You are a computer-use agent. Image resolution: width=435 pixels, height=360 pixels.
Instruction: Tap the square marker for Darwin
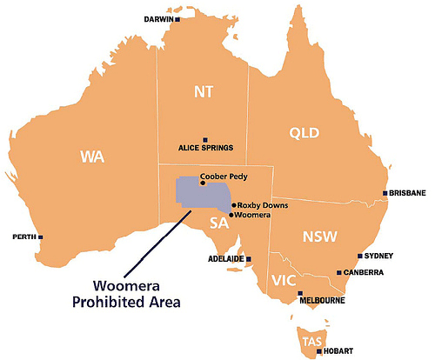177,18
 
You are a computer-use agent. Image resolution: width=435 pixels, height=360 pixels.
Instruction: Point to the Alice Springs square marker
205,139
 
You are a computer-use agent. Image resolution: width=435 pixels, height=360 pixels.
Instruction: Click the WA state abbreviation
92,157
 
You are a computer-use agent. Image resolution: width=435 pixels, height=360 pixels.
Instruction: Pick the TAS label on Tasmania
311,341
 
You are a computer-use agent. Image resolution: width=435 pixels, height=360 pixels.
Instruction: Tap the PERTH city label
23,237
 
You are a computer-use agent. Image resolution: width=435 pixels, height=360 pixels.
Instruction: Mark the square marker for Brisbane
385,193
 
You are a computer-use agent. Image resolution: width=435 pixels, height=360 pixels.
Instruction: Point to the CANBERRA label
365,272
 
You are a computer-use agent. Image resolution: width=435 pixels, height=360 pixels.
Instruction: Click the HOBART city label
339,351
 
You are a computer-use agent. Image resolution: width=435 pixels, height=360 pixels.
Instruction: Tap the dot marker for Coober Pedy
202,183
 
